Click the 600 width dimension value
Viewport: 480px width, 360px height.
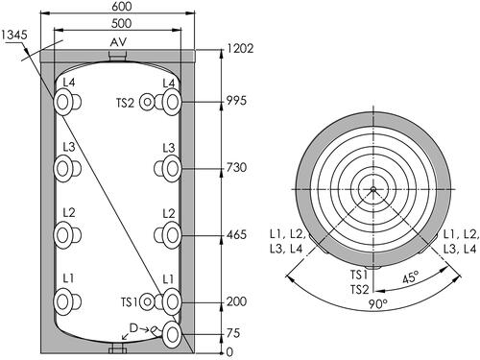point(122,7)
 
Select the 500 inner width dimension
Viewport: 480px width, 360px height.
point(122,23)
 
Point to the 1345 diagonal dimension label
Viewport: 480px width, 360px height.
point(14,35)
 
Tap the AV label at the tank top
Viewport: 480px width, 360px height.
point(118,42)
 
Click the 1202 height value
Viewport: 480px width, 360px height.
point(240,48)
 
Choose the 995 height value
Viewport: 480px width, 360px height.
point(236,101)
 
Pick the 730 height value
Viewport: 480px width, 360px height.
point(236,167)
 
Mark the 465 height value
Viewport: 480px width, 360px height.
point(236,235)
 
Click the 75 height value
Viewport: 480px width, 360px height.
point(233,333)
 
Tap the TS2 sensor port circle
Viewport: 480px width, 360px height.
point(147,103)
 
